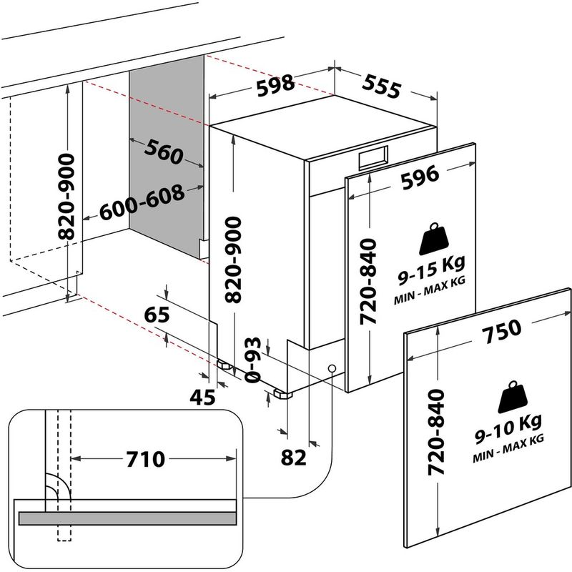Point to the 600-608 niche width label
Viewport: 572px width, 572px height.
click(142, 203)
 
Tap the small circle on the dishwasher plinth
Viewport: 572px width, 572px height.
click(332, 368)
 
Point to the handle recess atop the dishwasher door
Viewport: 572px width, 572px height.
click(374, 157)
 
